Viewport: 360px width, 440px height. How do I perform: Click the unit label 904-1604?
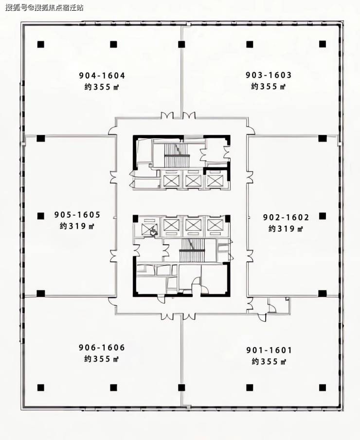click(x=102, y=76)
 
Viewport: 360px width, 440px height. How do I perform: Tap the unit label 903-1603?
click(x=269, y=75)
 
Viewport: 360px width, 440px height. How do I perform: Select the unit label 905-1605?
click(x=77, y=215)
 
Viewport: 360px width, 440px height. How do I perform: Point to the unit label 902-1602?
click(x=286, y=218)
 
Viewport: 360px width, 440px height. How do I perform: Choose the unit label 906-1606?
click(x=102, y=348)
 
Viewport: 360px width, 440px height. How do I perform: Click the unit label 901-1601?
click(x=269, y=350)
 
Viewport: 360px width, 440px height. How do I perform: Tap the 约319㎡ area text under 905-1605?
click(x=77, y=226)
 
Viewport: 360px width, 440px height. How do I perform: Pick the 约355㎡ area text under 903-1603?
click(x=269, y=87)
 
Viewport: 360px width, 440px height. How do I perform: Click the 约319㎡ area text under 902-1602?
click(x=286, y=229)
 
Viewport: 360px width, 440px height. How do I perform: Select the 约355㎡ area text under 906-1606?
click(x=101, y=359)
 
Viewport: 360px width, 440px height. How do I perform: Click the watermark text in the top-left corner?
click(x=44, y=7)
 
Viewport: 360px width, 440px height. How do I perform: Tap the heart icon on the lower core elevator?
click(x=153, y=232)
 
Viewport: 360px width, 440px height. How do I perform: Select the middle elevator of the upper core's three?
click(x=193, y=181)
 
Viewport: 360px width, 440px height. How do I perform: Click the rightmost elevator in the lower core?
click(x=215, y=225)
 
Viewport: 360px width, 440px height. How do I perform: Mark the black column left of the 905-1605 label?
click(x=41, y=216)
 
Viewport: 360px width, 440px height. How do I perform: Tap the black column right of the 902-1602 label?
click(x=323, y=216)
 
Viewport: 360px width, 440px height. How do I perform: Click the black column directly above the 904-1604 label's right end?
click(x=113, y=44)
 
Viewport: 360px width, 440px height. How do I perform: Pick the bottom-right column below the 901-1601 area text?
click(x=323, y=388)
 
